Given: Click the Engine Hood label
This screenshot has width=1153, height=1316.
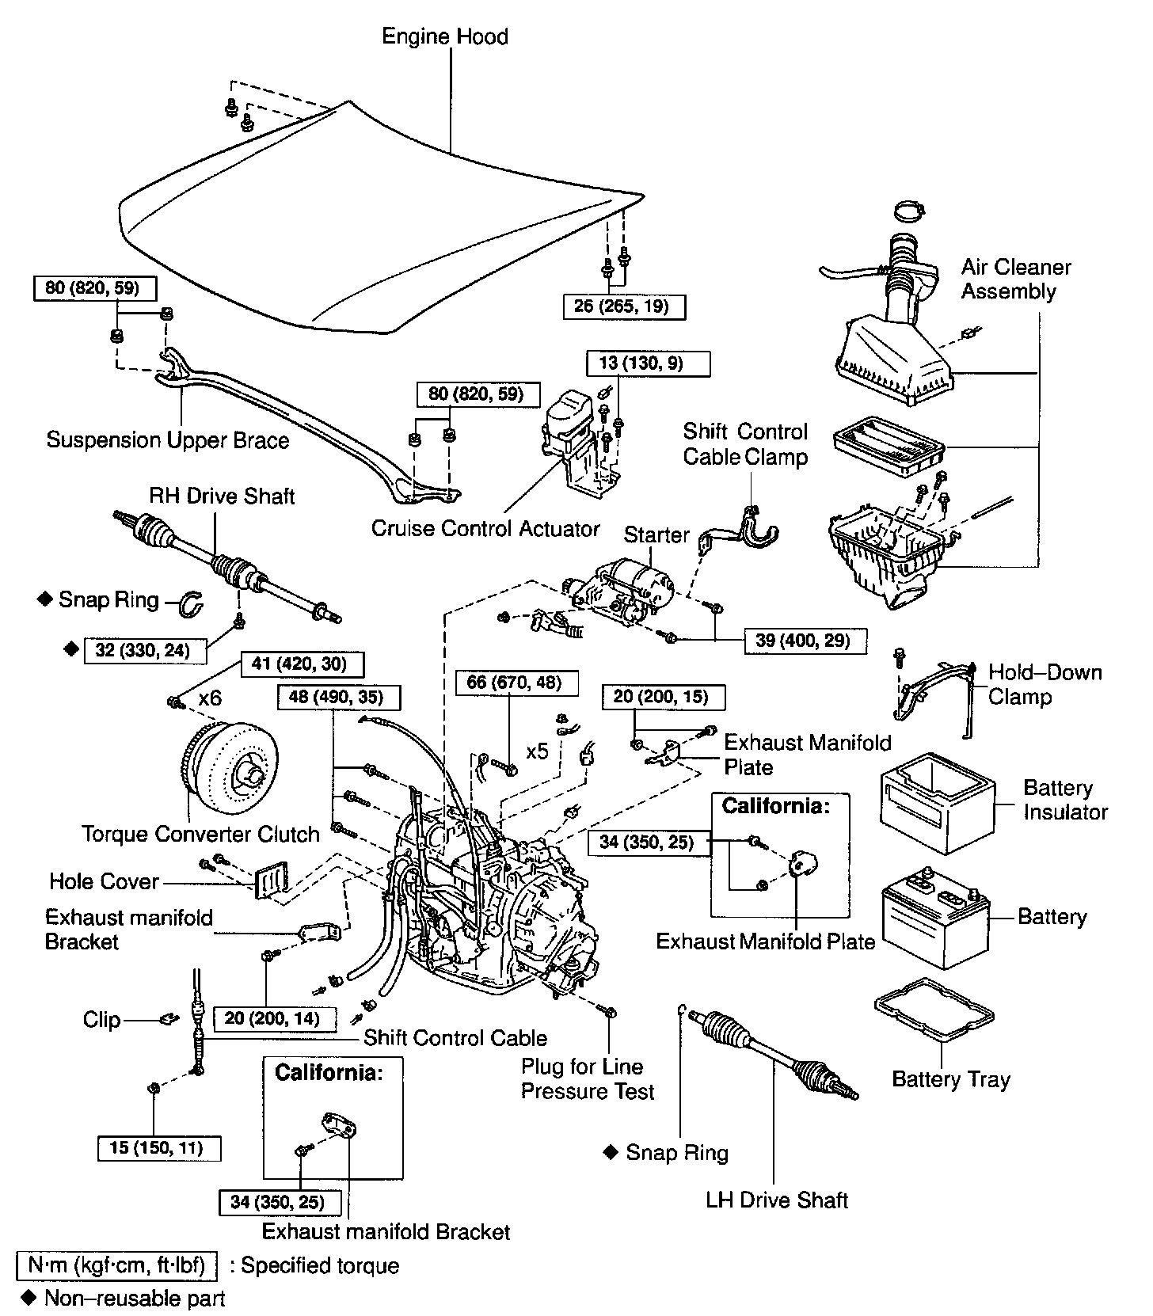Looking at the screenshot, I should point(444,36).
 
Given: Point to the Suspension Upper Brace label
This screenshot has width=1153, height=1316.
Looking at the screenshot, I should point(168,440).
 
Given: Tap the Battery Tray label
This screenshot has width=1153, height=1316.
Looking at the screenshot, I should point(951,1080).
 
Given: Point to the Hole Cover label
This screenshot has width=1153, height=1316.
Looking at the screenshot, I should point(104,881).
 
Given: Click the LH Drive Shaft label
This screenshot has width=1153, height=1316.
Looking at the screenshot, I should point(777,1200).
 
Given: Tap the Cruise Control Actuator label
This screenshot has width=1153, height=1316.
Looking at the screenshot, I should point(485,528).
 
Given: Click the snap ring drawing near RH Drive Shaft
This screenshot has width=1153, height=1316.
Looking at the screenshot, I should point(191,603).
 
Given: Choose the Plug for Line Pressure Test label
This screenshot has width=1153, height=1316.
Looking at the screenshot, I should point(588,1079).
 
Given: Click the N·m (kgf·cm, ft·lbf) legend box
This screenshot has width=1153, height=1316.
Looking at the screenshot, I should point(116,1265).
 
